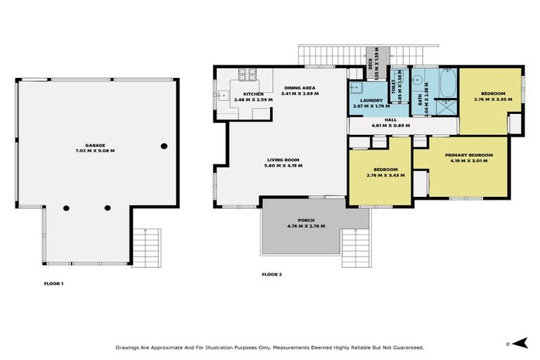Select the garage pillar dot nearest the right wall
click(x=164, y=146)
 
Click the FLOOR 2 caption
click(x=271, y=274)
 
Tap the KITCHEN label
click(x=253, y=94)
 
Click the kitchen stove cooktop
click(x=247, y=74)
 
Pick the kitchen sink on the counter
click(x=223, y=94)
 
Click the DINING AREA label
click(x=300, y=87)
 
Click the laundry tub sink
click(x=356, y=87)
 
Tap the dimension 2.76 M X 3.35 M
click(x=492, y=100)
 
